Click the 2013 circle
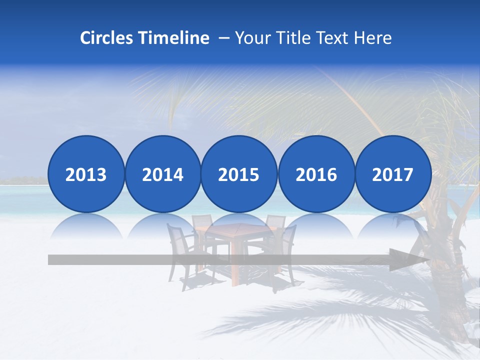(x=86, y=174)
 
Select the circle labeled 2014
(x=163, y=174)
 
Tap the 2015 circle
(x=239, y=174)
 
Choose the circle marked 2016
(x=316, y=174)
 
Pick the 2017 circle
(x=393, y=174)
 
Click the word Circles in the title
(x=107, y=38)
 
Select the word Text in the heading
(x=335, y=38)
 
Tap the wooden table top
(x=233, y=230)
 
